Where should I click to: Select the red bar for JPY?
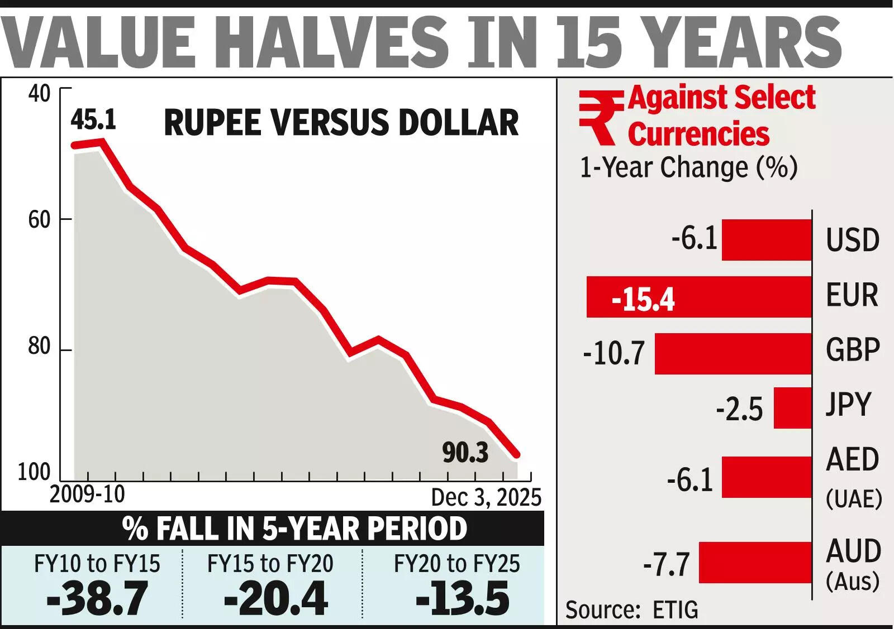(x=792, y=408)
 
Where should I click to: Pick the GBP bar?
(x=733, y=354)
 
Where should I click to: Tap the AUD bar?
(x=755, y=563)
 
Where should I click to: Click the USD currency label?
(x=853, y=240)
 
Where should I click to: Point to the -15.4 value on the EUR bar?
(x=643, y=299)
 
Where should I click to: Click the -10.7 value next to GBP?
(x=614, y=354)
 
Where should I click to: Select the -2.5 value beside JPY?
(x=739, y=410)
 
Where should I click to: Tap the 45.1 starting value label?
(x=93, y=119)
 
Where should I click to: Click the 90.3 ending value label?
(x=465, y=452)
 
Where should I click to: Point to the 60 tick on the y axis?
(x=39, y=220)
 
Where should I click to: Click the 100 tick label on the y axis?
(x=34, y=472)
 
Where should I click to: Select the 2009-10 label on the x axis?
(x=87, y=494)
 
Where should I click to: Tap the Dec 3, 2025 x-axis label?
(x=486, y=497)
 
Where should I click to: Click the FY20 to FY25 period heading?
(x=456, y=564)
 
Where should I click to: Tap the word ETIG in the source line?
(x=675, y=610)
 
